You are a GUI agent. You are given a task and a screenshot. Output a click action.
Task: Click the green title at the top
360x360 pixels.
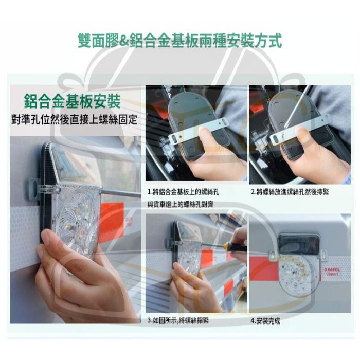[x=179, y=40]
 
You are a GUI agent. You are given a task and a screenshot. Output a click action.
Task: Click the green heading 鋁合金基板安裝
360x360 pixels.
[x=73, y=99]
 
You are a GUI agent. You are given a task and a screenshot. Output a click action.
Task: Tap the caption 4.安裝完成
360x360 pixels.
[x=265, y=320]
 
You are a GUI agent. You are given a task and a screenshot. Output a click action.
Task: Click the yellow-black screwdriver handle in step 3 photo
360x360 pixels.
[x=230, y=246]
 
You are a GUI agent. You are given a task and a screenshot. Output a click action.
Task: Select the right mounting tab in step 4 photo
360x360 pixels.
[x=323, y=255]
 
